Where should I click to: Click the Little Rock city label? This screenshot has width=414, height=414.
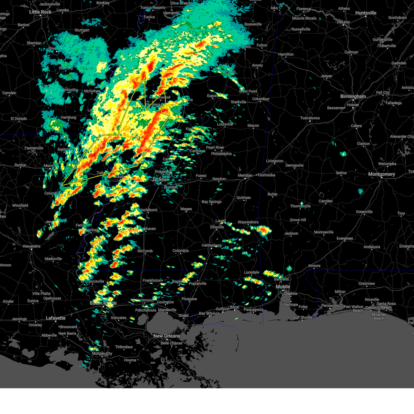point(40,12)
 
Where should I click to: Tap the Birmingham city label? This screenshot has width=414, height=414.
point(353,96)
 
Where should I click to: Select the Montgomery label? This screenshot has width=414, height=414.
point(382,174)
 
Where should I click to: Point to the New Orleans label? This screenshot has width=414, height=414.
point(167,336)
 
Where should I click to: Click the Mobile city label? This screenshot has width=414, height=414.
point(283,287)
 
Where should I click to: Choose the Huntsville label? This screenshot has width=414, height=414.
point(366,13)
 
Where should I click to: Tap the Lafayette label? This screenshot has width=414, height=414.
point(56,318)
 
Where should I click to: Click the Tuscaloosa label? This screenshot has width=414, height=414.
point(310,118)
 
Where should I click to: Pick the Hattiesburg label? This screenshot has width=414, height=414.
point(211,245)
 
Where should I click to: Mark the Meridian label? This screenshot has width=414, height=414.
point(245,175)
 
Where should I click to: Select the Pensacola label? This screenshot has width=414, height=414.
point(330,305)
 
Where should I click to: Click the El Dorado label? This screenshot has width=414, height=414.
point(19,118)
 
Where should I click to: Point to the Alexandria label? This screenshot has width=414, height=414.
point(31,246)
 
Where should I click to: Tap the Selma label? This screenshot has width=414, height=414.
point(341,173)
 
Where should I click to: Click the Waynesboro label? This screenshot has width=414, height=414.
point(248,222)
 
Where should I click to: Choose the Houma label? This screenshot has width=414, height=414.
point(130,360)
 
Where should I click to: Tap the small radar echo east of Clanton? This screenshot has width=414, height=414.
point(343,154)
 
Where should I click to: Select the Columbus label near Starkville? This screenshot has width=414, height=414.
point(260,99)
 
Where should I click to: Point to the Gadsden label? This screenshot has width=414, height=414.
point(398,63)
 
